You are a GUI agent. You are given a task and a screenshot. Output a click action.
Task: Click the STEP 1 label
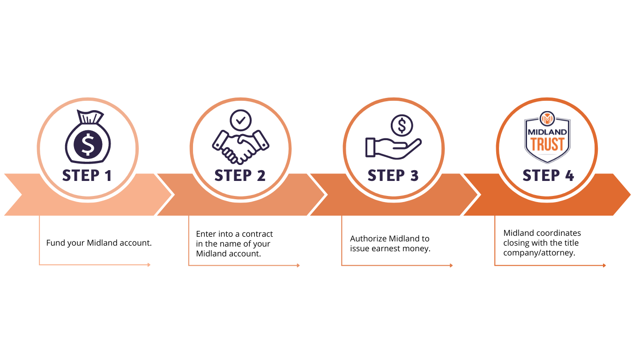[87, 176]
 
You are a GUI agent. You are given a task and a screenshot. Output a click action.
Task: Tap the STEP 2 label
[240, 176]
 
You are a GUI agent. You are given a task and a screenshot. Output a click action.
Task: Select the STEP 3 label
[393, 176]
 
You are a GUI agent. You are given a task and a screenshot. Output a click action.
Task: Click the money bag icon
[88, 137]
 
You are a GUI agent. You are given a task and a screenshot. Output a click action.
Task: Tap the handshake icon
[240, 147]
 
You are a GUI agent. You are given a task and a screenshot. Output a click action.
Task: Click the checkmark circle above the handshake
[240, 120]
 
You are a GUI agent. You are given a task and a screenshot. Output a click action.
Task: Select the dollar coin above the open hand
[402, 126]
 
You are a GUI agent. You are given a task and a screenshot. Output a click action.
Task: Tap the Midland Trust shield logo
[547, 137]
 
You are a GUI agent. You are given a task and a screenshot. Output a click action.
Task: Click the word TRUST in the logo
[547, 144]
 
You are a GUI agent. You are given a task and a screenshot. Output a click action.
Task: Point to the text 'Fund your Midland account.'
[99, 243]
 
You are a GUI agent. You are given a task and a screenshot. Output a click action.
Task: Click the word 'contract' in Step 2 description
[257, 234]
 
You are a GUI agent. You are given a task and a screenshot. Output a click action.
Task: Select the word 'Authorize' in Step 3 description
[368, 239]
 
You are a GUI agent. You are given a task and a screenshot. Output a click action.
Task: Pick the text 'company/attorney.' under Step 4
[539, 253]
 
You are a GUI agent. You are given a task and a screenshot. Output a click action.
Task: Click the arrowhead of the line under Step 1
[149, 265]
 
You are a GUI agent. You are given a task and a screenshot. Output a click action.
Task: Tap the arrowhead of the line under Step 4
[604, 265]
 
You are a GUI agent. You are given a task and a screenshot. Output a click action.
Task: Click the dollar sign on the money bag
[88, 144]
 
